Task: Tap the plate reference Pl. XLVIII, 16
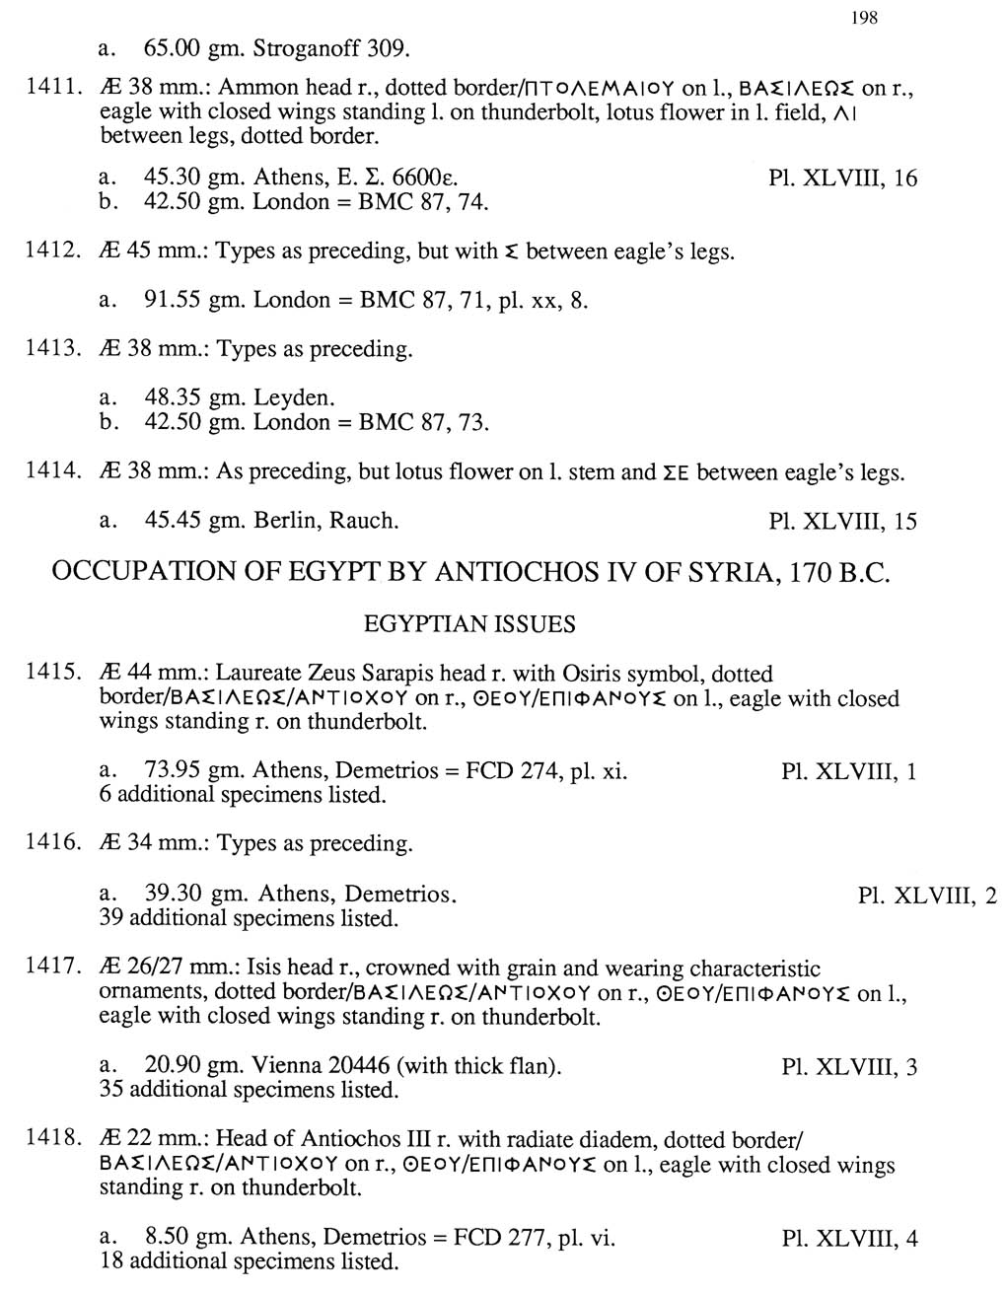(842, 179)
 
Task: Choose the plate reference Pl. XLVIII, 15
(842, 521)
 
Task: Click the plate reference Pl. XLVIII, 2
(927, 896)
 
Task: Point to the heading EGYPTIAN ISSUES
(469, 624)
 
